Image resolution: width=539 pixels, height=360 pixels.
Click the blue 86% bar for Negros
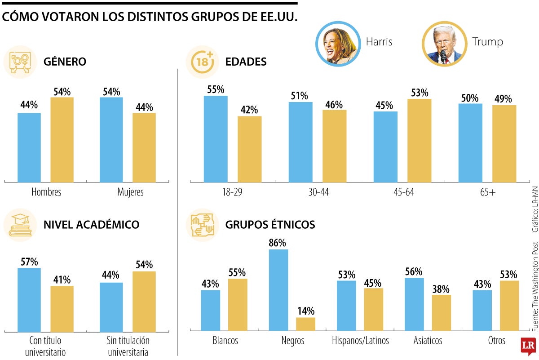278,290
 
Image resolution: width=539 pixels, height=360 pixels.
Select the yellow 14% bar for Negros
305,324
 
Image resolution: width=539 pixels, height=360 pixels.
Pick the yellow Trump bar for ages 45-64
419,140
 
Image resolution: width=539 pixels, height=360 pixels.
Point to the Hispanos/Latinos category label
360,341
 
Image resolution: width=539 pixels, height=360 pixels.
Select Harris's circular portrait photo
338,44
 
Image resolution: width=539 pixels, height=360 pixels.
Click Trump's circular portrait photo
444,44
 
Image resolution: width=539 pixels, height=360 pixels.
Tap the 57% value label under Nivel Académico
29,262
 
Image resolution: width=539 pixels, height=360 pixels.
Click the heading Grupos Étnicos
270,225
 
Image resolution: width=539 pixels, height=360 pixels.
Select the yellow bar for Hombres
62,139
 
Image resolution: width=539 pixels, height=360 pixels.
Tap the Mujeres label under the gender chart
130,192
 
